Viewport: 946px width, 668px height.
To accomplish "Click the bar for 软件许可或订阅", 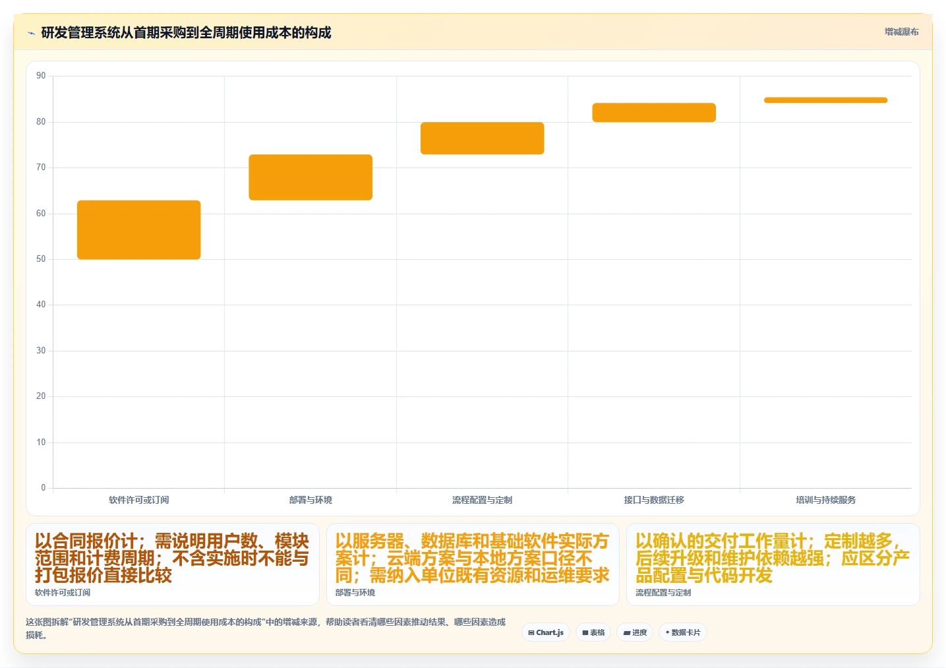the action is (138, 229).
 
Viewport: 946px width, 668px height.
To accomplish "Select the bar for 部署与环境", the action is (310, 177).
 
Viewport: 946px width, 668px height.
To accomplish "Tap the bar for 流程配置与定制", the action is (482, 138).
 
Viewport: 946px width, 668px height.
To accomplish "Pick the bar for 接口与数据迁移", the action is (654, 112).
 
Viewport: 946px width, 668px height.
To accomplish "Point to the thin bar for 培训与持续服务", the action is (825, 100).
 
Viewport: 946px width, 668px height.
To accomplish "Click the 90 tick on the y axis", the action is (41, 76).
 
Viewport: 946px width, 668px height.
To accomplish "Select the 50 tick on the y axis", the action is (41, 258).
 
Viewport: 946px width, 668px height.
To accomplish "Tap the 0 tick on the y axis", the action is (43, 487).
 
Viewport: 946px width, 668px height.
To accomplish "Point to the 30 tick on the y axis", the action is (41, 350).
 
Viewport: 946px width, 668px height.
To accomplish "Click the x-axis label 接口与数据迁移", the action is (654, 500).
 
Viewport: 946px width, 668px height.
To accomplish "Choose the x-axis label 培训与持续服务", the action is (825, 500).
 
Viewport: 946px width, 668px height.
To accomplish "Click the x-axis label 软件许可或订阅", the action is (138, 500).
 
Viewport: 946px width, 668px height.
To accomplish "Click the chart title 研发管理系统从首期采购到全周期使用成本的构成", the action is (186, 32).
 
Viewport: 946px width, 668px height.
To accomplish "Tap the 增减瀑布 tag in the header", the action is (901, 32).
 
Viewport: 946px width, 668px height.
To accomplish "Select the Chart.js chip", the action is (546, 632).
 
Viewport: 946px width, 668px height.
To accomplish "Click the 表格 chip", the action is (593, 632).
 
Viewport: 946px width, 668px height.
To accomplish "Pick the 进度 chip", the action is (635, 632).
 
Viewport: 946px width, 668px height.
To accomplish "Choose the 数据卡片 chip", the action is (682, 632).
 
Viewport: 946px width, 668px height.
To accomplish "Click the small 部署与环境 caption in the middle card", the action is (355, 592).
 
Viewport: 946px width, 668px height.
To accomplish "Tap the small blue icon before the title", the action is (31, 33).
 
